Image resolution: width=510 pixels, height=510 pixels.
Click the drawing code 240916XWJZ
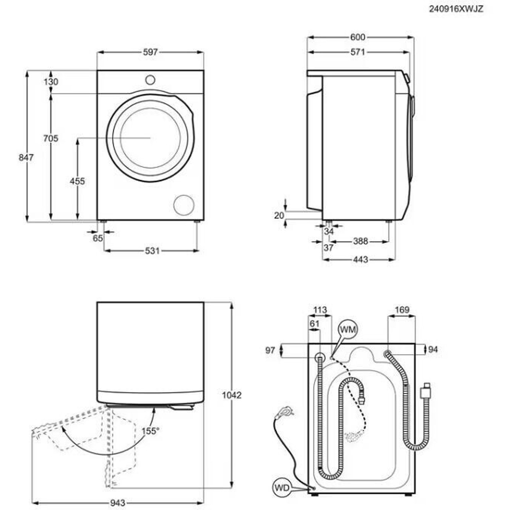[456, 9]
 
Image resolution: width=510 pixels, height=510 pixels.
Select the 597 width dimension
[150, 52]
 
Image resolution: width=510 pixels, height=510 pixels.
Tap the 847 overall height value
[26, 158]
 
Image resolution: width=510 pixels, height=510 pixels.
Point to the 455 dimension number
[77, 181]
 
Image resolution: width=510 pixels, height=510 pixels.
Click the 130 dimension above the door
[51, 82]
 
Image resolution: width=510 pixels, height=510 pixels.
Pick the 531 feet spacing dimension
[153, 251]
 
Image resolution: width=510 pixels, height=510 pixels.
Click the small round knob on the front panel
[150, 80]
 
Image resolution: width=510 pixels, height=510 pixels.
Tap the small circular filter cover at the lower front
[184, 205]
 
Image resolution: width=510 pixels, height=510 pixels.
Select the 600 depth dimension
[357, 37]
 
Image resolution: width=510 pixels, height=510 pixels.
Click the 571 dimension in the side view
[357, 52]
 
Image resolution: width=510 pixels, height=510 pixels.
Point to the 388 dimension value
[361, 241]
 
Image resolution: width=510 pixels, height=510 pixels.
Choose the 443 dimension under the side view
[361, 259]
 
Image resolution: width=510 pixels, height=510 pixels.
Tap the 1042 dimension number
[232, 395]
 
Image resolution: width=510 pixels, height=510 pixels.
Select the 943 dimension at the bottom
[117, 502]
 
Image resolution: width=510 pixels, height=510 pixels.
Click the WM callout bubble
[348, 330]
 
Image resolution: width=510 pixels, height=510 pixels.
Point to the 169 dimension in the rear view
[402, 310]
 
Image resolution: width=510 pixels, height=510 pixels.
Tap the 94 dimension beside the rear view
[433, 349]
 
